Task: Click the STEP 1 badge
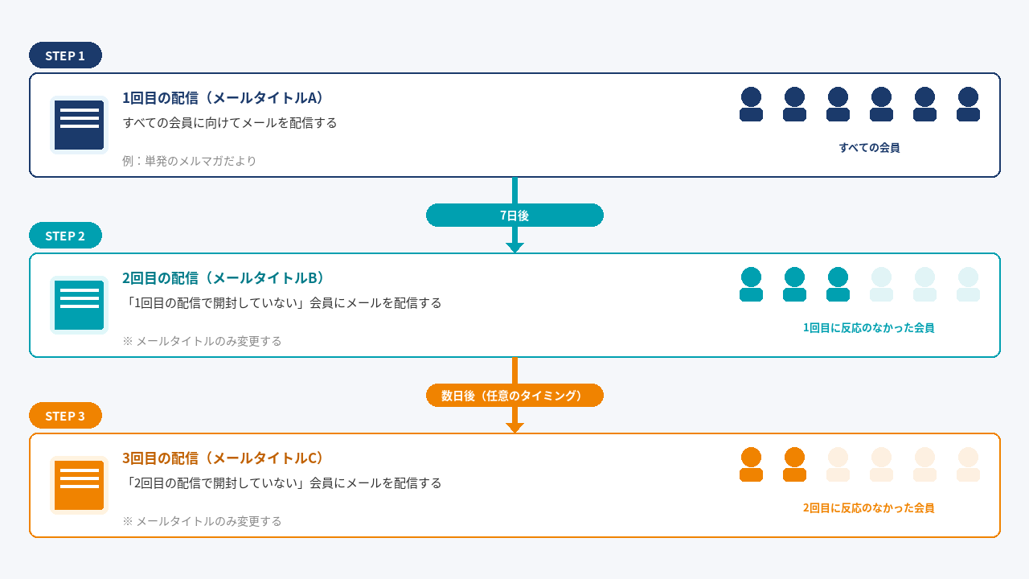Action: coord(65,55)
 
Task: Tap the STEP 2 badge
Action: coord(65,236)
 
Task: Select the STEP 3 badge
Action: coord(65,416)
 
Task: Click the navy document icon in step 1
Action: coord(79,125)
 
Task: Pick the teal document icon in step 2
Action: coord(79,305)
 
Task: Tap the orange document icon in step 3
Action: coord(79,485)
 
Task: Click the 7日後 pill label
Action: coord(514,215)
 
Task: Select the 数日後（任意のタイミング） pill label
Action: coord(514,395)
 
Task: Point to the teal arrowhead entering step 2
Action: coord(514,248)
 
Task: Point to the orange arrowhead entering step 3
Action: coord(514,428)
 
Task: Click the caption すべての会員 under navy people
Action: coord(869,148)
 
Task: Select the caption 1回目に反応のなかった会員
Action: coord(868,328)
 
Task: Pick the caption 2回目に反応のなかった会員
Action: coord(868,508)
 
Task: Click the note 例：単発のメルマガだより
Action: coord(190,161)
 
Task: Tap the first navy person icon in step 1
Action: coord(751,105)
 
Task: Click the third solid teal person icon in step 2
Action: coord(838,285)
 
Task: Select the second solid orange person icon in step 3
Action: coord(794,465)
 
